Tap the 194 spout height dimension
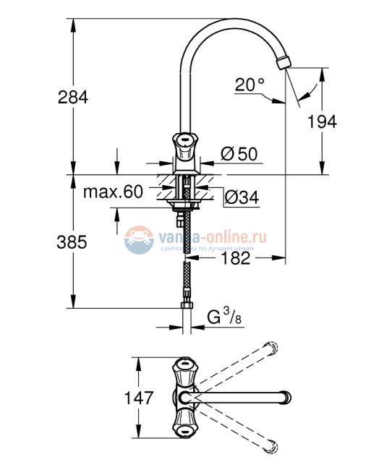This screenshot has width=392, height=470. (322, 121)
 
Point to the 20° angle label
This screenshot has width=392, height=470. (250, 85)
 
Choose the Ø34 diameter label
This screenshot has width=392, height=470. (241, 196)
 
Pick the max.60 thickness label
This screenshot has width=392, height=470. (112, 192)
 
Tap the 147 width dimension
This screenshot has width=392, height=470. (137, 397)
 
